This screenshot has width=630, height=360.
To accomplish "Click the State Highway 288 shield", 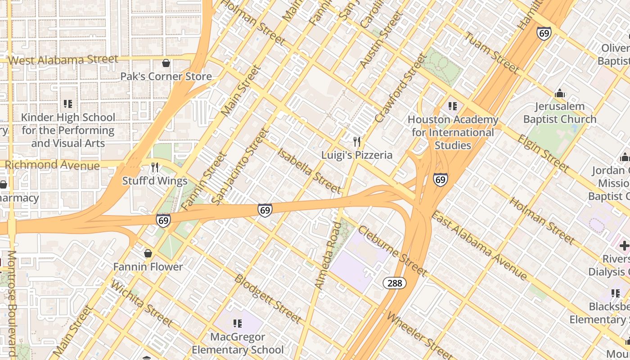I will click(395, 283).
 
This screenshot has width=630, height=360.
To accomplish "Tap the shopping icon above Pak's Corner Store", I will click(166, 63).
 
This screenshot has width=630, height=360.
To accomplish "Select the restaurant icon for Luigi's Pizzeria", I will click(357, 142).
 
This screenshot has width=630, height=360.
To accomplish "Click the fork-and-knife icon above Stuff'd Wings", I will click(155, 168).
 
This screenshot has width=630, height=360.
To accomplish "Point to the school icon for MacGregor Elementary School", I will click(238, 324).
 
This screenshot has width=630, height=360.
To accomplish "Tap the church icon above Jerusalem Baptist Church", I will click(560, 94).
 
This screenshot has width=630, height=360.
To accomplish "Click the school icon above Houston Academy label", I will click(453, 107).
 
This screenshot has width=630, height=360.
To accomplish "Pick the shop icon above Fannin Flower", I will click(148, 254).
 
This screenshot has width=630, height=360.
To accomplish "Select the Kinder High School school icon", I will click(68, 104).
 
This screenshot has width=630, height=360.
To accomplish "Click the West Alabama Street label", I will click(63, 60).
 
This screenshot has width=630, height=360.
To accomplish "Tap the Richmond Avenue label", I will click(52, 165).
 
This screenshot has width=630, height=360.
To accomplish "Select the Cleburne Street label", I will click(392, 251).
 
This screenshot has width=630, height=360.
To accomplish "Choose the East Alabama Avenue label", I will click(479, 245).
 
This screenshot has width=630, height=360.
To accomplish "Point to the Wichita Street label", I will click(141, 303).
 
